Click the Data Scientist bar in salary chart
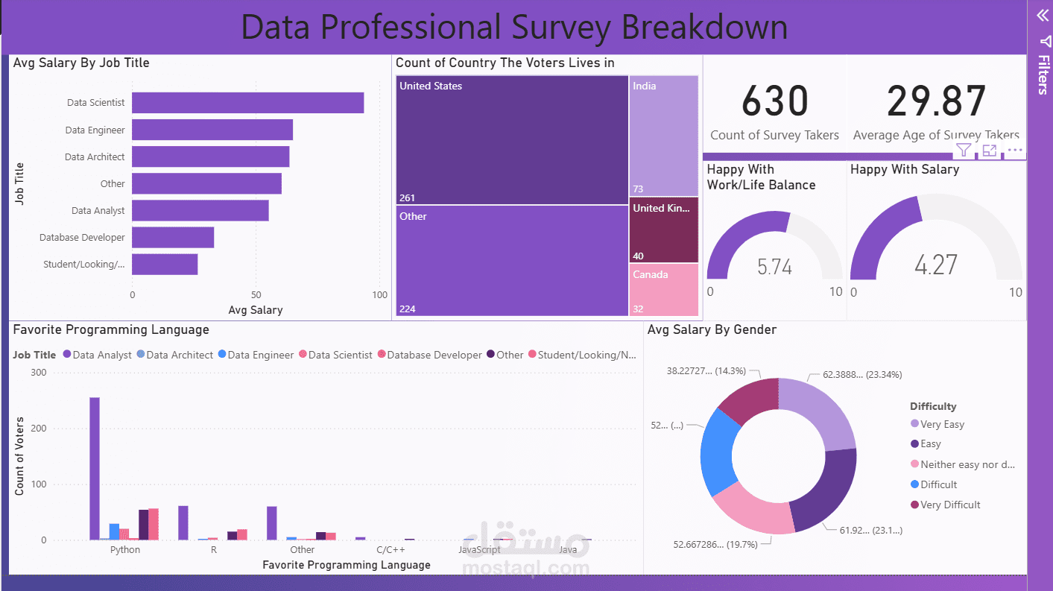point(247,103)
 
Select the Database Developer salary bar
point(173,238)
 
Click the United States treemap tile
point(512,139)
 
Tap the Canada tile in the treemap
point(663,290)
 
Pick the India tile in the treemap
point(663,135)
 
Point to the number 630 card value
point(774,101)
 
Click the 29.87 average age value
point(936,101)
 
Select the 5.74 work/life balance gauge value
point(774,267)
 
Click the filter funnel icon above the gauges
point(964,151)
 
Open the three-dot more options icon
point(1015,151)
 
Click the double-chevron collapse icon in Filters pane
point(1042,14)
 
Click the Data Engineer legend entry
point(256,355)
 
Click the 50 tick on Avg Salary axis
point(256,294)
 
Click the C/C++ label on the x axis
point(390,550)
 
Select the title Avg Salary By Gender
point(712,329)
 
